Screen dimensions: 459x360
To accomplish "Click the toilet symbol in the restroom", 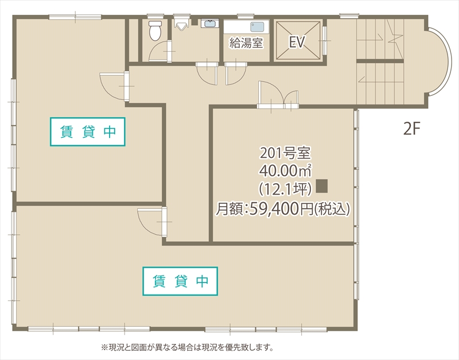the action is pyautogui.click(x=154, y=31).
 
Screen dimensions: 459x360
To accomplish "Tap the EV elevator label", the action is pyautogui.click(x=297, y=42).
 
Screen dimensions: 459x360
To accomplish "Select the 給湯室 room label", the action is pyautogui.click(x=246, y=43).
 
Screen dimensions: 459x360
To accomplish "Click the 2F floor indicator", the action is pyautogui.click(x=411, y=129).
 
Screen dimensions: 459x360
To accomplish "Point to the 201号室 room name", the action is pyautogui.click(x=285, y=153).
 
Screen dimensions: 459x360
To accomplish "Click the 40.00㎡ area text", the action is pyautogui.click(x=285, y=171).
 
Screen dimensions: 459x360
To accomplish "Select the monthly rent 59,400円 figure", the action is pyautogui.click(x=281, y=208).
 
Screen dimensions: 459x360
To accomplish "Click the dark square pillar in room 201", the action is pyautogui.click(x=321, y=186).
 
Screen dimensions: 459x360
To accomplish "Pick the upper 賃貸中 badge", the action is pyautogui.click(x=88, y=132).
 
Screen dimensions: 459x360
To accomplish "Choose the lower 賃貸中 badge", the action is pyautogui.click(x=180, y=281).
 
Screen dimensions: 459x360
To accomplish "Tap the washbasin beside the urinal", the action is pyautogui.click(x=209, y=24).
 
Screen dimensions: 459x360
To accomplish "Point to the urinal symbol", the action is pyautogui.click(x=180, y=24).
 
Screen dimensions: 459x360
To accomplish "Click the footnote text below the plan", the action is pyautogui.click(x=187, y=348).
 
